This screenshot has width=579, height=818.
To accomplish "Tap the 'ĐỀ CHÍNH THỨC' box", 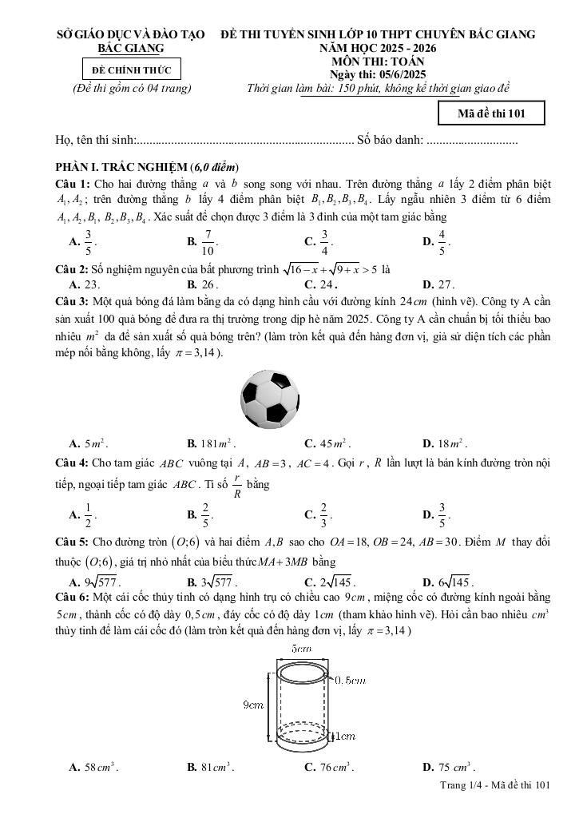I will [x=131, y=70].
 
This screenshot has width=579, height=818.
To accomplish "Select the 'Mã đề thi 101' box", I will [x=491, y=113].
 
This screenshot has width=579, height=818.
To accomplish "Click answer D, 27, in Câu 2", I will [x=438, y=284].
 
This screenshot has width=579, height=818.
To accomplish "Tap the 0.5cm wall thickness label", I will [x=349, y=680].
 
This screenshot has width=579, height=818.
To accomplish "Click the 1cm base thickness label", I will [x=345, y=736].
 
